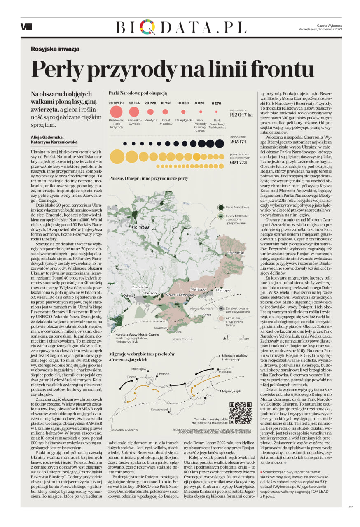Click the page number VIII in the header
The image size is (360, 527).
pyautogui.click(x=26, y=27)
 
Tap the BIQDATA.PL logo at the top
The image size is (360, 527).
pyautogui.click(x=181, y=27)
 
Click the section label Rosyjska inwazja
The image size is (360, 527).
pyautogui.click(x=55, y=49)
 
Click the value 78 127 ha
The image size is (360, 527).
pyautogui.click(x=117, y=103)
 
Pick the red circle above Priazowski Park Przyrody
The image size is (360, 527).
pyautogui.click(x=117, y=112)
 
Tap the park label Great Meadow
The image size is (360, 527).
pyautogui.click(x=166, y=122)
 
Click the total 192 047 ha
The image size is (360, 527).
pyautogui.click(x=241, y=115)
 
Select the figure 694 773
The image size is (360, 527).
pyautogui.click(x=238, y=162)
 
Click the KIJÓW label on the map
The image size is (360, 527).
pyautogui.click(x=140, y=227)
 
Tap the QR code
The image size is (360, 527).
pyautogui.click(x=240, y=413)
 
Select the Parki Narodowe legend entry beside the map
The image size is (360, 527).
pyautogui.click(x=237, y=207)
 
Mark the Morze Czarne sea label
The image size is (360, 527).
pyautogui.click(x=182, y=339)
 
